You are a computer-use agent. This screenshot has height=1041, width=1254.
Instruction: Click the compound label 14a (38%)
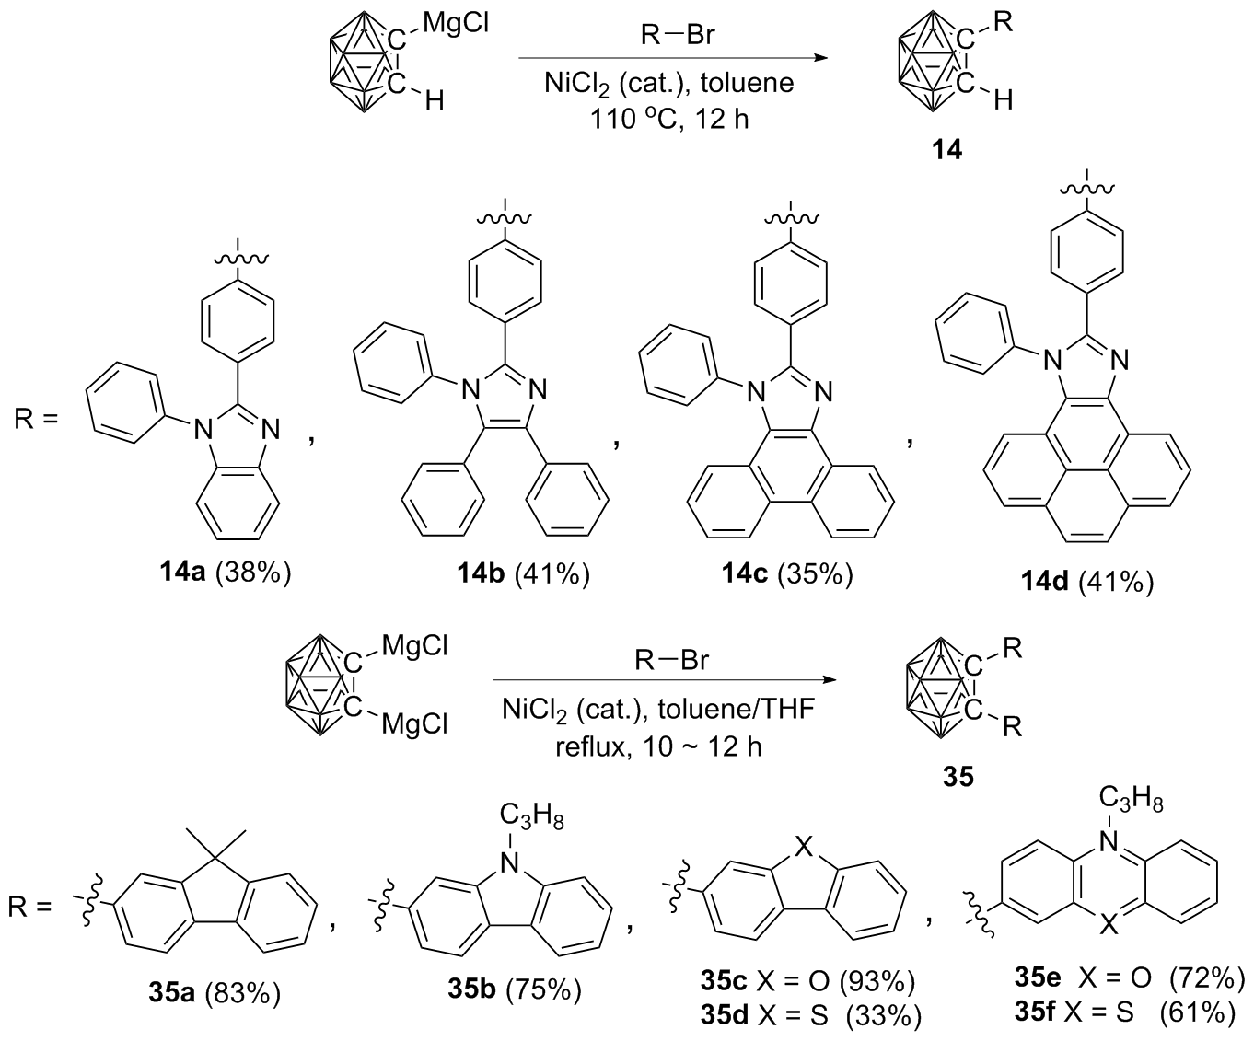point(226,573)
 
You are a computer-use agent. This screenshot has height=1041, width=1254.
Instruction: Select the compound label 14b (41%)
point(524,573)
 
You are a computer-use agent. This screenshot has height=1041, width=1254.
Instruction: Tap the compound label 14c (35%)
point(787,573)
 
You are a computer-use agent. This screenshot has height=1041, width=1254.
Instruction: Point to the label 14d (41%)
point(1087,582)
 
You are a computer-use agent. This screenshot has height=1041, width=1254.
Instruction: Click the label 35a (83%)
point(215,993)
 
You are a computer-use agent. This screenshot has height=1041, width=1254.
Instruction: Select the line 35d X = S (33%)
point(811,1014)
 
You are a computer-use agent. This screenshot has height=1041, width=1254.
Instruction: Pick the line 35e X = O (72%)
point(1130,978)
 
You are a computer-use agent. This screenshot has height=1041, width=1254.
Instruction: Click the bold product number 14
point(947,149)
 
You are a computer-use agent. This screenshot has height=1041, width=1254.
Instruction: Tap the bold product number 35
point(958,778)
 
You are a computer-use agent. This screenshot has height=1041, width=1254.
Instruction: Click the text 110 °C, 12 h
point(669,120)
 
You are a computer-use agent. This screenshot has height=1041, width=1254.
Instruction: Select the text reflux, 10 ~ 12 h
point(659,747)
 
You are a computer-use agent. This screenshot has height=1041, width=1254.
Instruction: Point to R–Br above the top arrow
point(678,36)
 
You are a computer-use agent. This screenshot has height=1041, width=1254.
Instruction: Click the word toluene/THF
point(737,710)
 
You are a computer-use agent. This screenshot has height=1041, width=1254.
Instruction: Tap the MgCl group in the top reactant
point(456,25)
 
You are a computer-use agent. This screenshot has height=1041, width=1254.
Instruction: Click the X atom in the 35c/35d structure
point(804,847)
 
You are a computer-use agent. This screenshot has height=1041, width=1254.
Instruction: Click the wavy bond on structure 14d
point(1086,189)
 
